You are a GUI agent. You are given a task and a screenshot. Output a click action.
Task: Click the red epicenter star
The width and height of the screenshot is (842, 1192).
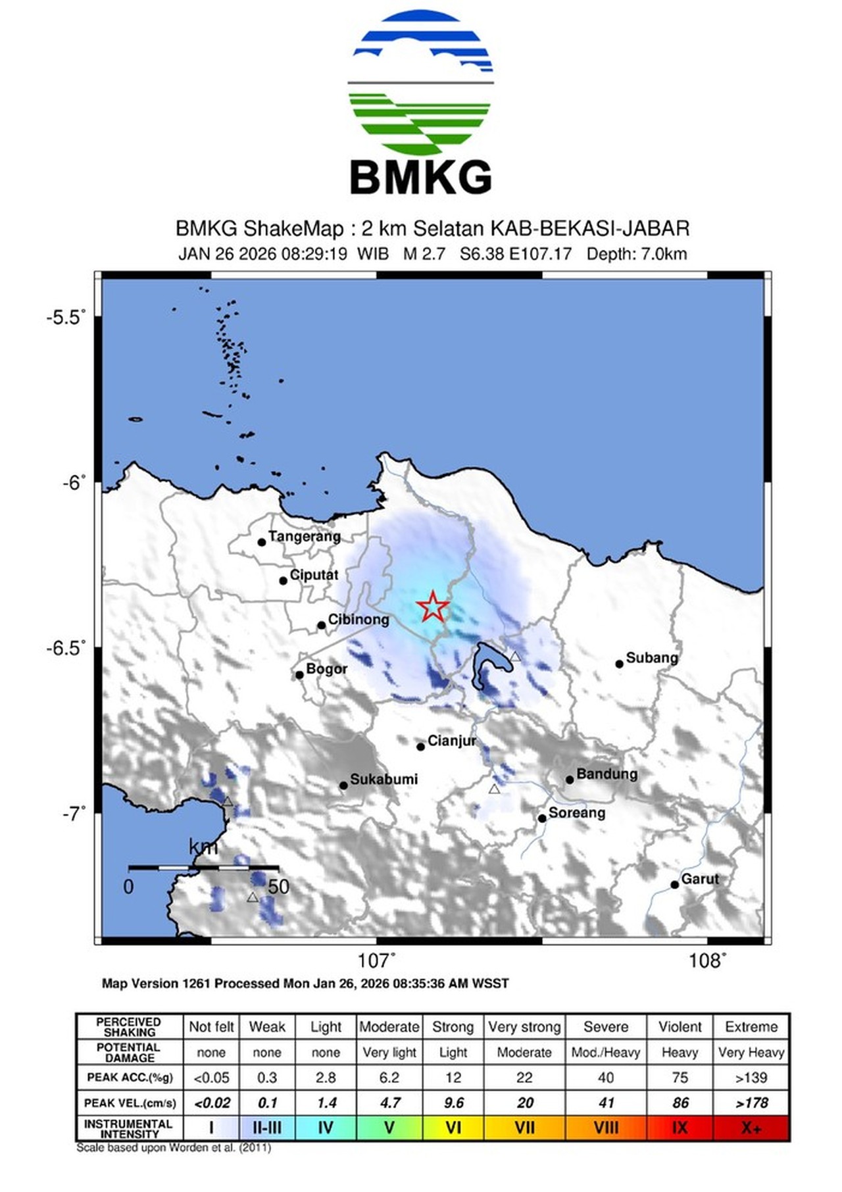tap(432, 607)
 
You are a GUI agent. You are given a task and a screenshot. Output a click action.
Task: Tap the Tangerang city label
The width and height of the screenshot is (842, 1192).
tap(304, 536)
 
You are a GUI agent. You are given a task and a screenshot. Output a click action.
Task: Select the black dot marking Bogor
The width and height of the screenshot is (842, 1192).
tap(299, 674)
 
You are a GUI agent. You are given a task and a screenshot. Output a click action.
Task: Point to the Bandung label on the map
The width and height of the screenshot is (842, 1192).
tap(607, 774)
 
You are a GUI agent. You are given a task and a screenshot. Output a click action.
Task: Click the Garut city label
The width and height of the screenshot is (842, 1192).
tap(699, 879)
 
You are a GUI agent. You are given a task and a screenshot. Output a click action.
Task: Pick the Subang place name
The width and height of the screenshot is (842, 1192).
tap(651, 657)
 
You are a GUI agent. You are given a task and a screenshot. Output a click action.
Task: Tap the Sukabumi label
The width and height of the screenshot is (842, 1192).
tap(384, 780)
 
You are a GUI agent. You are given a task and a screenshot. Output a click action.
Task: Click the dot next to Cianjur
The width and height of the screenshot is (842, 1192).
tap(421, 747)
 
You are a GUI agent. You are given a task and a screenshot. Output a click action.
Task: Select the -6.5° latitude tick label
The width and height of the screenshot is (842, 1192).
tap(66, 648)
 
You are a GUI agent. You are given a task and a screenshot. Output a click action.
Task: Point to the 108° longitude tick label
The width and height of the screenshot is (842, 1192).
tap(706, 961)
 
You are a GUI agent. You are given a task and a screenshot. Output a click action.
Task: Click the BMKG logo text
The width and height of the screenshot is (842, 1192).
tap(420, 178)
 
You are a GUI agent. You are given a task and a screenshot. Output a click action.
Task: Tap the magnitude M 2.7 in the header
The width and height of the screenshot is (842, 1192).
tap(424, 254)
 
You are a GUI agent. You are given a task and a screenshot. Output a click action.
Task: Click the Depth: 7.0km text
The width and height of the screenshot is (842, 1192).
tap(636, 254)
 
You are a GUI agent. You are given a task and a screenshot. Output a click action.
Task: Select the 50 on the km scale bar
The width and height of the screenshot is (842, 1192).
tap(278, 887)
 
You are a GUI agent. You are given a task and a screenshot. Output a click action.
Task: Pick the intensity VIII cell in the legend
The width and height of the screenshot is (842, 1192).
tap(606, 1128)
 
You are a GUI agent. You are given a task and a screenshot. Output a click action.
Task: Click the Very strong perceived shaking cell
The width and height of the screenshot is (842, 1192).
tap(524, 1027)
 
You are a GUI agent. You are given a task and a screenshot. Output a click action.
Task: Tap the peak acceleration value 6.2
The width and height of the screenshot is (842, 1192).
tap(389, 1078)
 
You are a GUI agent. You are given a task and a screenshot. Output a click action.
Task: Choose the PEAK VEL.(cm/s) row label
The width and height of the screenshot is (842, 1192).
tap(130, 1103)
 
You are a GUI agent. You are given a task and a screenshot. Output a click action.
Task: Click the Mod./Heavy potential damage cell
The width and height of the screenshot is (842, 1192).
tap(605, 1053)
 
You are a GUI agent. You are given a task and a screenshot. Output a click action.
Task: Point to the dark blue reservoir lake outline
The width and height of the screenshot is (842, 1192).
tap(490, 660)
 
